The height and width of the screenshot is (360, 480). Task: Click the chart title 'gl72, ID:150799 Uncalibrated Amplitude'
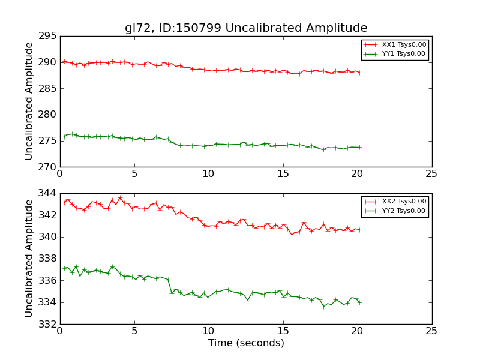(x=246, y=28)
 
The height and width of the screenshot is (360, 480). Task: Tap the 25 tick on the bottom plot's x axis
(x=431, y=332)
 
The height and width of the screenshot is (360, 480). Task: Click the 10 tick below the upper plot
(x=208, y=174)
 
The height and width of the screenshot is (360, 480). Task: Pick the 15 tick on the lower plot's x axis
(x=283, y=332)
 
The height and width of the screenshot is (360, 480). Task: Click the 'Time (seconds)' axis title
(x=246, y=343)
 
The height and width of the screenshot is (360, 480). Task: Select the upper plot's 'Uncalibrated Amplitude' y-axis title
(x=29, y=101)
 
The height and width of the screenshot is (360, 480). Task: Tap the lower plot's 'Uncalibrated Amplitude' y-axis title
(x=29, y=259)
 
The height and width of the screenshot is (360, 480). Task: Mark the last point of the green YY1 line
(x=360, y=147)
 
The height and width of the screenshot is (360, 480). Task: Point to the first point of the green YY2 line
(x=64, y=268)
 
